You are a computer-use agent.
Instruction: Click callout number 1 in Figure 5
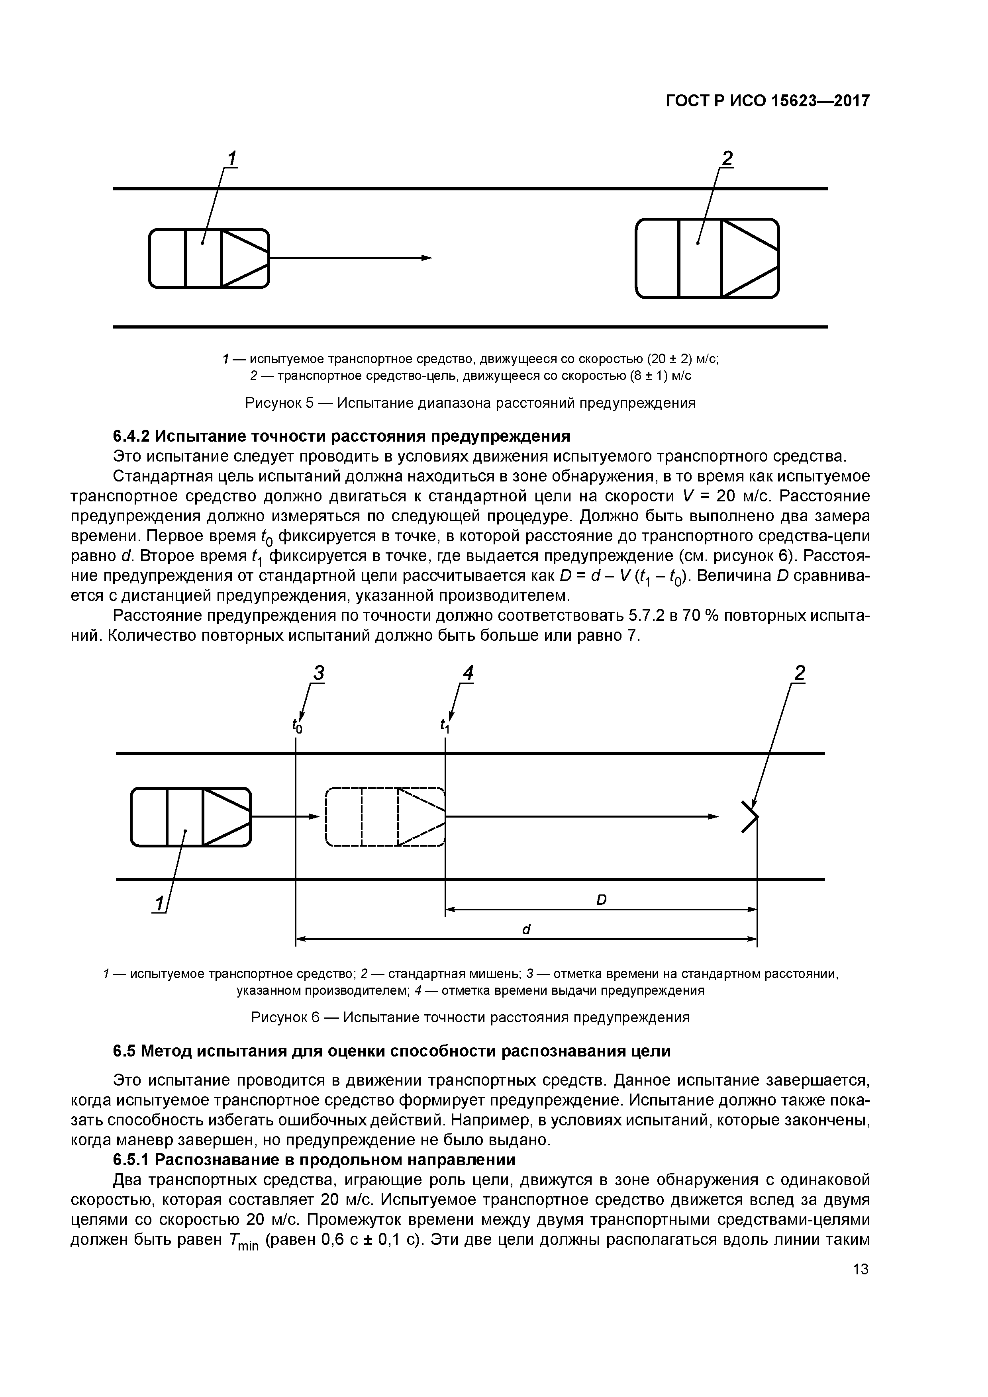tap(231, 159)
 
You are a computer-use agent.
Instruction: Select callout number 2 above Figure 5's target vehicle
tap(727, 159)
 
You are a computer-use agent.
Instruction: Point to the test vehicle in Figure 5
tap(209, 258)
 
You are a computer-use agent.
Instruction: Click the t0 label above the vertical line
tap(296, 726)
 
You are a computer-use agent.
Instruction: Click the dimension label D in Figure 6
tap(602, 900)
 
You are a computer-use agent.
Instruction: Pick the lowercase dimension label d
tap(527, 930)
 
